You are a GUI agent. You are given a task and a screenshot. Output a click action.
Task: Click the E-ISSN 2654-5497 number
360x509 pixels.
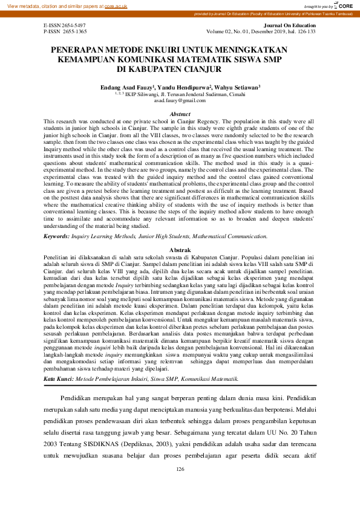[65, 25]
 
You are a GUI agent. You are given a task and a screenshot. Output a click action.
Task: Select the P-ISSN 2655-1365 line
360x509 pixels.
[65, 31]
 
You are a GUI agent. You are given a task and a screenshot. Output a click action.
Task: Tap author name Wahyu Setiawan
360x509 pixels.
[236, 88]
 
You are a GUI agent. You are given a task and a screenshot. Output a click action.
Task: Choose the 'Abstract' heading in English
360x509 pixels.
[180, 114]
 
